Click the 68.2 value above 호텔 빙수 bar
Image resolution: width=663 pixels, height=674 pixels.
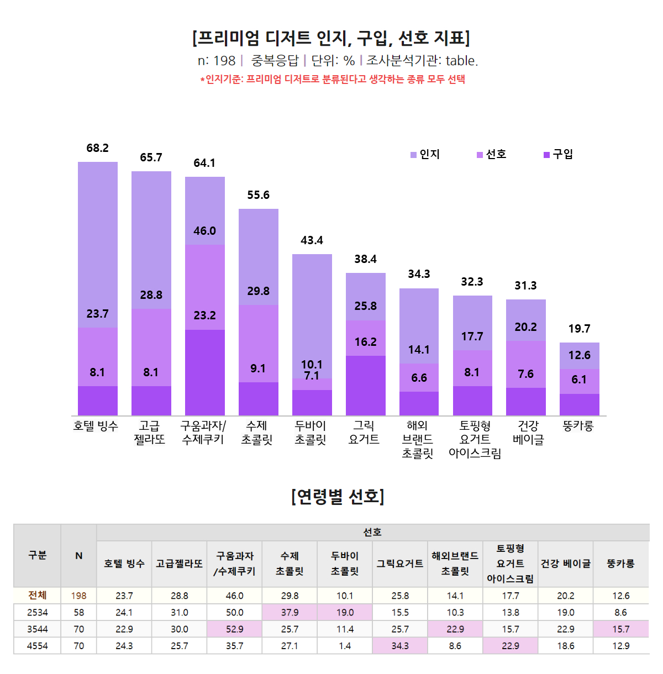coord(97,148)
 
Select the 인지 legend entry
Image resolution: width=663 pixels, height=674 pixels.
coord(425,155)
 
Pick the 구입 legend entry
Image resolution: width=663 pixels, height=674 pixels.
coord(559,155)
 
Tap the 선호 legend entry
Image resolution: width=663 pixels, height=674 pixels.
coord(492,155)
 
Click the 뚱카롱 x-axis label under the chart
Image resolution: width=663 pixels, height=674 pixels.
coord(578,426)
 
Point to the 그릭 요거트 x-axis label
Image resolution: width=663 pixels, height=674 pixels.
coord(364,433)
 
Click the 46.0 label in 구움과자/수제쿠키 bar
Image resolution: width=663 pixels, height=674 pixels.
coord(204,231)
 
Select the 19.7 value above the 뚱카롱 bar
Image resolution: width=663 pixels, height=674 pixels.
coord(579,329)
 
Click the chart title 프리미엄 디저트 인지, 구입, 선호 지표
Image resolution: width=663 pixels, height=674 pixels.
coord(331,38)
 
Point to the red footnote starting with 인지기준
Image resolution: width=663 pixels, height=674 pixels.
coord(333,79)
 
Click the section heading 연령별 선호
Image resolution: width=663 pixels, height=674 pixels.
coord(338,497)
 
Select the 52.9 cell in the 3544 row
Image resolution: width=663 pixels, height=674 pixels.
coord(234,629)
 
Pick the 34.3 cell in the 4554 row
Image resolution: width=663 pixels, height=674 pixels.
coord(400,646)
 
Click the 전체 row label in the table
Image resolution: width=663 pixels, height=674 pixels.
coord(38,596)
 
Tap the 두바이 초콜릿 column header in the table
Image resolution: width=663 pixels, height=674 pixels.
coord(345,564)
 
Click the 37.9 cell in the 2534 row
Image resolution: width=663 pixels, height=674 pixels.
coord(290,613)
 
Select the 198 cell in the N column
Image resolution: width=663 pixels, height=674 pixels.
coord(79,596)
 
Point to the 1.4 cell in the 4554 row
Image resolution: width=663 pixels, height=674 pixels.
coord(345,646)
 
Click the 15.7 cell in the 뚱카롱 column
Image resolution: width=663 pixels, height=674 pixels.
coord(620,629)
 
